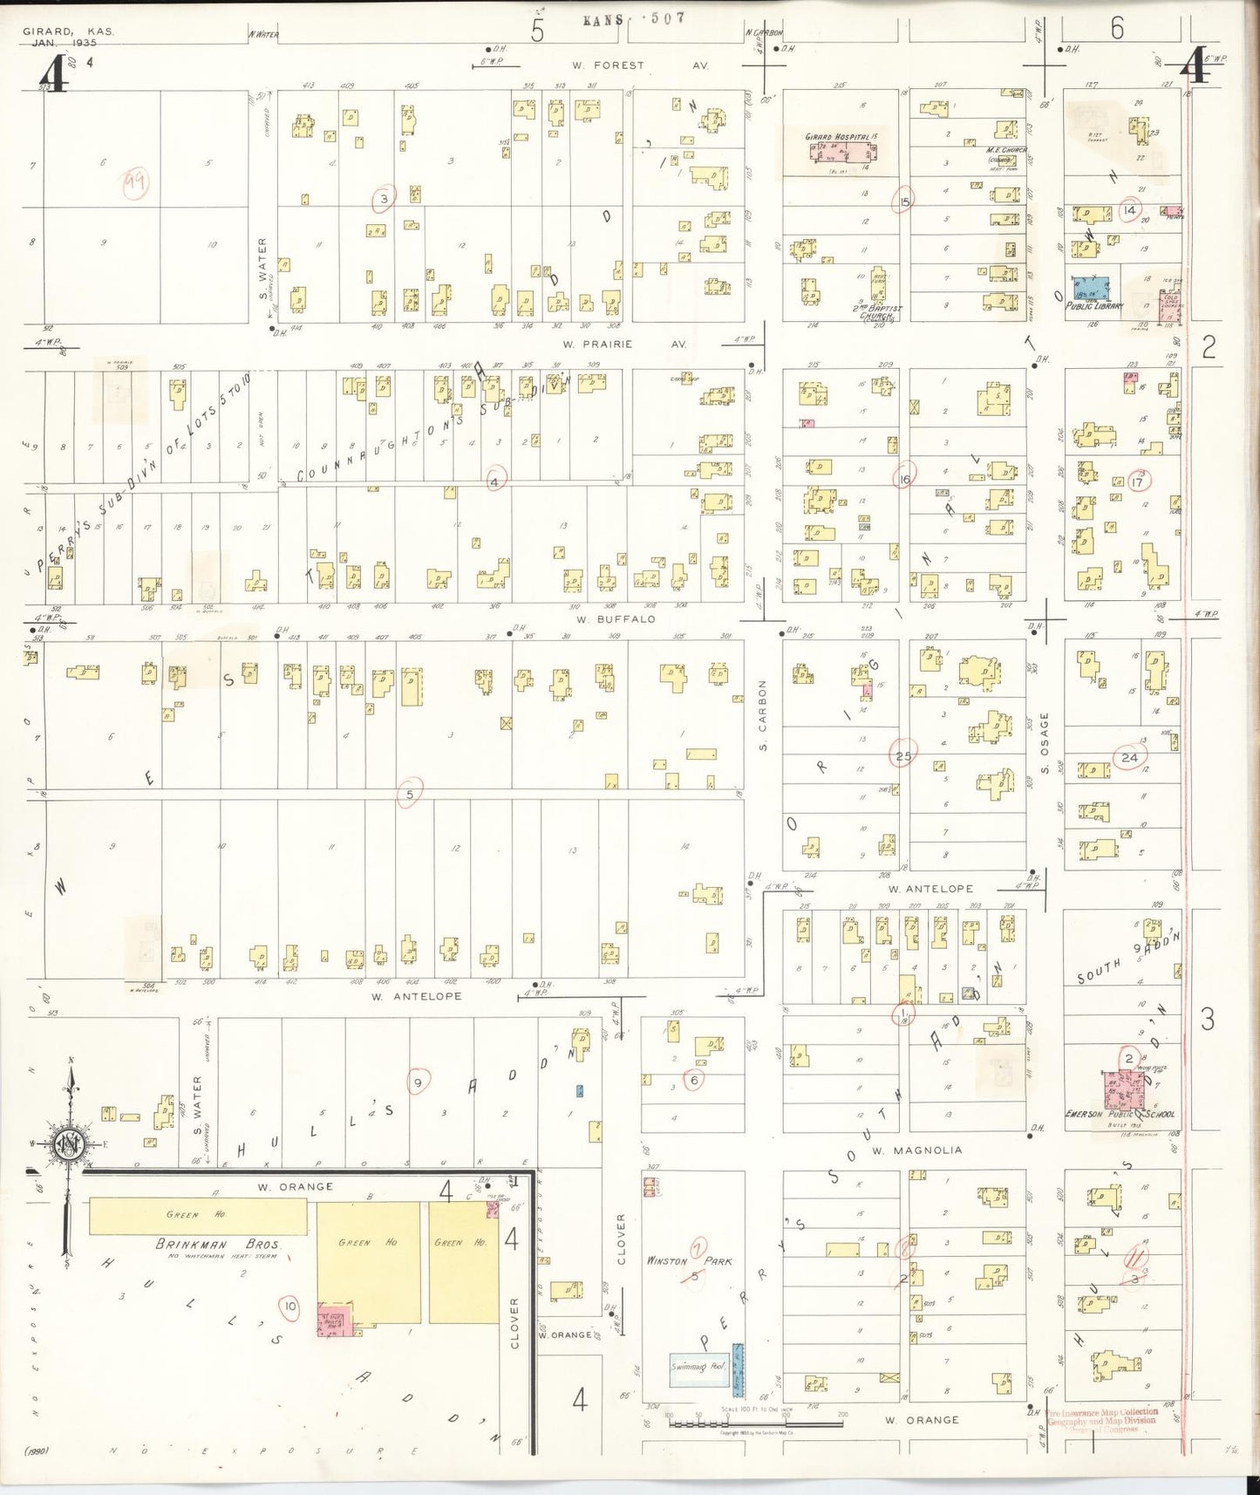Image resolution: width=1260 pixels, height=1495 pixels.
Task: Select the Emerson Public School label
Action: [x=1120, y=1114]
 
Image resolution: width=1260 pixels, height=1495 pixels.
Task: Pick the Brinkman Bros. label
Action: [x=218, y=1245]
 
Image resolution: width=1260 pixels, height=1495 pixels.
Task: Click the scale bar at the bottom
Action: [x=755, y=1423]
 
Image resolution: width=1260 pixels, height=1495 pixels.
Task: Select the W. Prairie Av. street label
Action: [x=623, y=344]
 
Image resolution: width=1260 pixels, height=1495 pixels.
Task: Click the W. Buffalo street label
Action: [x=615, y=619]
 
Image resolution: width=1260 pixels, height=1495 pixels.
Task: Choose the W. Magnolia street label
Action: [x=916, y=1150]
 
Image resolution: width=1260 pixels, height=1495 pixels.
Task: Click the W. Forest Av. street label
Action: [x=639, y=65]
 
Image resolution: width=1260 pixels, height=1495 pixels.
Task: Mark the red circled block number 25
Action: [x=902, y=756]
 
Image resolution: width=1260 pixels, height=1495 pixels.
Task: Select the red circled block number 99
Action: [x=135, y=182]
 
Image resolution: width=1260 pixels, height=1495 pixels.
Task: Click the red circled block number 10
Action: [x=289, y=1307]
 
